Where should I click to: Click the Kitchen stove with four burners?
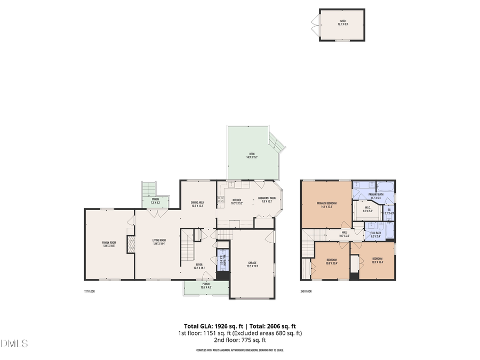pos(219,201)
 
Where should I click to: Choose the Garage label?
pos(252,264)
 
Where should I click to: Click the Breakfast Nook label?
pos(267,199)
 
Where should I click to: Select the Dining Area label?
pos(197,204)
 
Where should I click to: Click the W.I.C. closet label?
pos(367,210)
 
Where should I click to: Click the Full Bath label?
pos(375,234)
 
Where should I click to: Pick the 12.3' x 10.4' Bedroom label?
pos(373,261)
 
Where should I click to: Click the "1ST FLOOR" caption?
pos(90,291)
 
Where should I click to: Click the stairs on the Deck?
pos(277,142)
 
